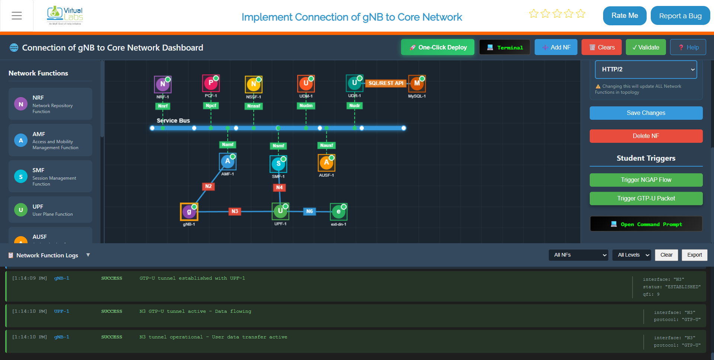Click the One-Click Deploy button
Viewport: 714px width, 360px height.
point(438,47)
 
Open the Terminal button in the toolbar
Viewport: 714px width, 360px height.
point(505,47)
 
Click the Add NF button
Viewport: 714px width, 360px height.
point(556,47)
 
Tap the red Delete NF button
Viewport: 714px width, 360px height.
point(646,136)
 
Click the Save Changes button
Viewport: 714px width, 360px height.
point(646,113)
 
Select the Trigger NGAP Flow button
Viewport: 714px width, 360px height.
point(646,180)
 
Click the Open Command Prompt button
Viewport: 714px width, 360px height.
point(646,224)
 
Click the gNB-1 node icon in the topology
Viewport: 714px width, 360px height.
point(189,212)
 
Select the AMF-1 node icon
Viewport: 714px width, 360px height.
point(228,161)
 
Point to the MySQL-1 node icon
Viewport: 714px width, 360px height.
point(417,83)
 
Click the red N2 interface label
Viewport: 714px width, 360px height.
point(208,186)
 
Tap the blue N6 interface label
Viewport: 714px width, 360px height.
point(310,211)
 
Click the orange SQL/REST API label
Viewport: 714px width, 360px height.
point(386,83)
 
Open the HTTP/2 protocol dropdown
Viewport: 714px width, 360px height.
point(646,70)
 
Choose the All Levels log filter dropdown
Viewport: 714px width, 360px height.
point(632,255)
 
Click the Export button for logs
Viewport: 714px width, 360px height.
point(694,255)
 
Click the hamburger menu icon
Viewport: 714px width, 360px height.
point(17,16)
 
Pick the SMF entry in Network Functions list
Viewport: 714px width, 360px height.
point(50,176)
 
